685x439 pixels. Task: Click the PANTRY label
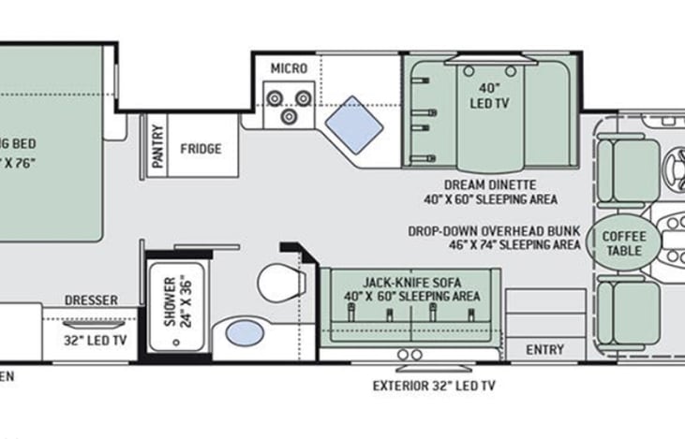pyautogui.click(x=157, y=148)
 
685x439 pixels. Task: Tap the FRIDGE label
pyautogui.click(x=201, y=148)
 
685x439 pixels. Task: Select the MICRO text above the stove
pyautogui.click(x=289, y=68)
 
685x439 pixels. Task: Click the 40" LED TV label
pyautogui.click(x=487, y=95)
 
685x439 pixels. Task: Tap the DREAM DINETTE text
pyautogui.click(x=491, y=184)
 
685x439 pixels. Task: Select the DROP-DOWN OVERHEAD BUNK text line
pyautogui.click(x=493, y=231)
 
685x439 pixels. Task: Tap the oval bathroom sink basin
pyautogui.click(x=246, y=332)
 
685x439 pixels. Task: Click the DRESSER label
pyautogui.click(x=91, y=300)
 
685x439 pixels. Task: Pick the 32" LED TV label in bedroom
pyautogui.click(x=94, y=340)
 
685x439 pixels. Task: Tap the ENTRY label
pyautogui.click(x=544, y=349)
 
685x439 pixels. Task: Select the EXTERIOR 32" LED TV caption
pyautogui.click(x=433, y=385)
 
